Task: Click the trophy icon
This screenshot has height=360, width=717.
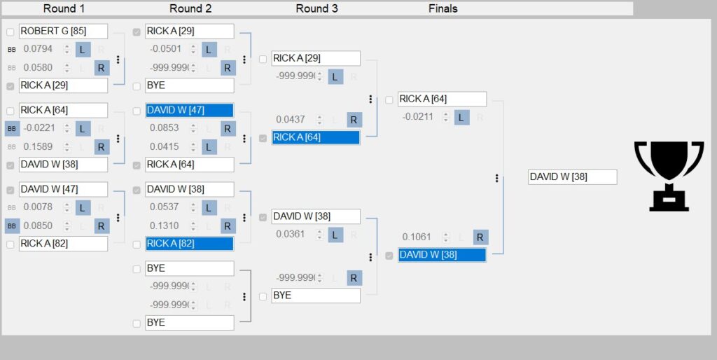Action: pyautogui.click(x=668, y=175)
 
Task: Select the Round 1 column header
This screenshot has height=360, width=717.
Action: pyautogui.click(x=64, y=8)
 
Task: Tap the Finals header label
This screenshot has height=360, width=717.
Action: pyautogui.click(x=443, y=8)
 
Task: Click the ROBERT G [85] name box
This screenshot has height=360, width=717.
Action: pyautogui.click(x=63, y=32)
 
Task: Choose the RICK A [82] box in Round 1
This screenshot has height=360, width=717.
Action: pyautogui.click(x=63, y=244)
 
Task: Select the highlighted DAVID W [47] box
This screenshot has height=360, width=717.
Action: pyautogui.click(x=189, y=111)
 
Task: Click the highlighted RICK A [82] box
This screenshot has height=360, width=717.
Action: pyautogui.click(x=189, y=244)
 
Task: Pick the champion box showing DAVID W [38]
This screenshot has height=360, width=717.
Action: pyautogui.click(x=572, y=176)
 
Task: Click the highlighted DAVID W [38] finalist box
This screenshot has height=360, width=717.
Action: pyautogui.click(x=442, y=255)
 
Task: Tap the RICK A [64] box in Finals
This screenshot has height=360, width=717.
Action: pyautogui.click(x=442, y=99)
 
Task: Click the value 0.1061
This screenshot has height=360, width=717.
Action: pyautogui.click(x=417, y=237)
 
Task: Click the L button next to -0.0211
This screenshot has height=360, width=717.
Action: pyautogui.click(x=461, y=117)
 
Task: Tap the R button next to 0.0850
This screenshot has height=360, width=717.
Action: pyautogui.click(x=102, y=226)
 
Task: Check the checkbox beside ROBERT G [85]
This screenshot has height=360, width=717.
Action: pyautogui.click(x=11, y=32)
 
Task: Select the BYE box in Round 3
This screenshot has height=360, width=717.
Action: pyautogui.click(x=316, y=296)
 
